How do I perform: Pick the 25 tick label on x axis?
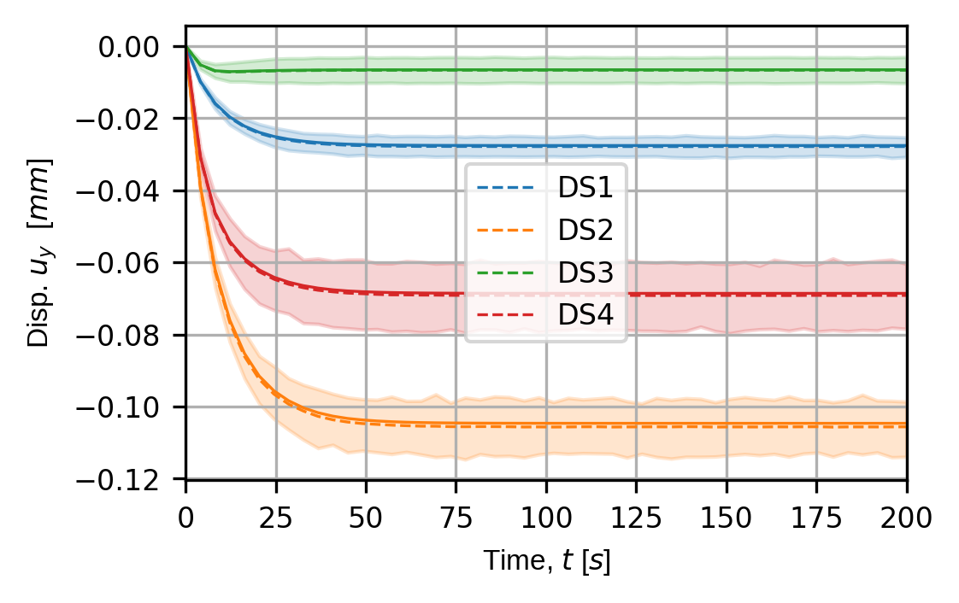276,516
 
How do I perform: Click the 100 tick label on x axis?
546,516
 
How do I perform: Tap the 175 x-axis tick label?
816,516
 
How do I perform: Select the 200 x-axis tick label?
906,516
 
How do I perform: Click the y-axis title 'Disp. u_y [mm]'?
39,251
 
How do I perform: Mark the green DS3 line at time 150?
727,70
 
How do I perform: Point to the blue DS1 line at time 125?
636,146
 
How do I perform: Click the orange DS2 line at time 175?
816,424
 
